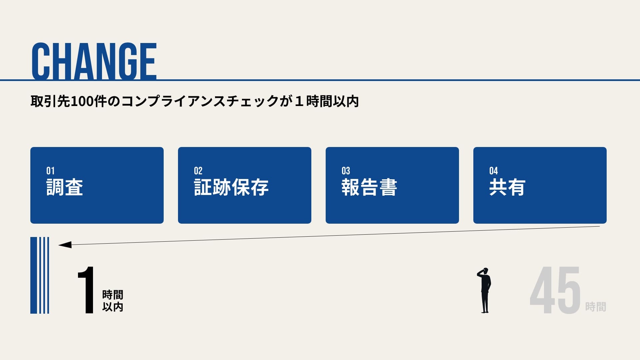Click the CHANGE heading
pyautogui.click(x=94, y=61)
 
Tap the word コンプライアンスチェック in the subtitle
pyautogui.click(x=200, y=101)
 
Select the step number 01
pyautogui.click(x=50, y=171)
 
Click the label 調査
pyautogui.click(x=65, y=187)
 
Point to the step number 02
pyautogui.click(x=198, y=171)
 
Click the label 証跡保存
pyautogui.click(x=231, y=187)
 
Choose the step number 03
pyautogui.click(x=346, y=171)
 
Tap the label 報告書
pyautogui.click(x=369, y=187)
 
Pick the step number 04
pyautogui.click(x=493, y=171)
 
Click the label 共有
pyautogui.click(x=507, y=187)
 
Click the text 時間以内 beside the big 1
pyautogui.click(x=113, y=301)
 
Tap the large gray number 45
pyautogui.click(x=555, y=290)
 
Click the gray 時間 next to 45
pyautogui.click(x=596, y=307)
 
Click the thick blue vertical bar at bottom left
pyautogui.click(x=33, y=275)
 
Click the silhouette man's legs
pyautogui.click(x=485, y=302)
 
